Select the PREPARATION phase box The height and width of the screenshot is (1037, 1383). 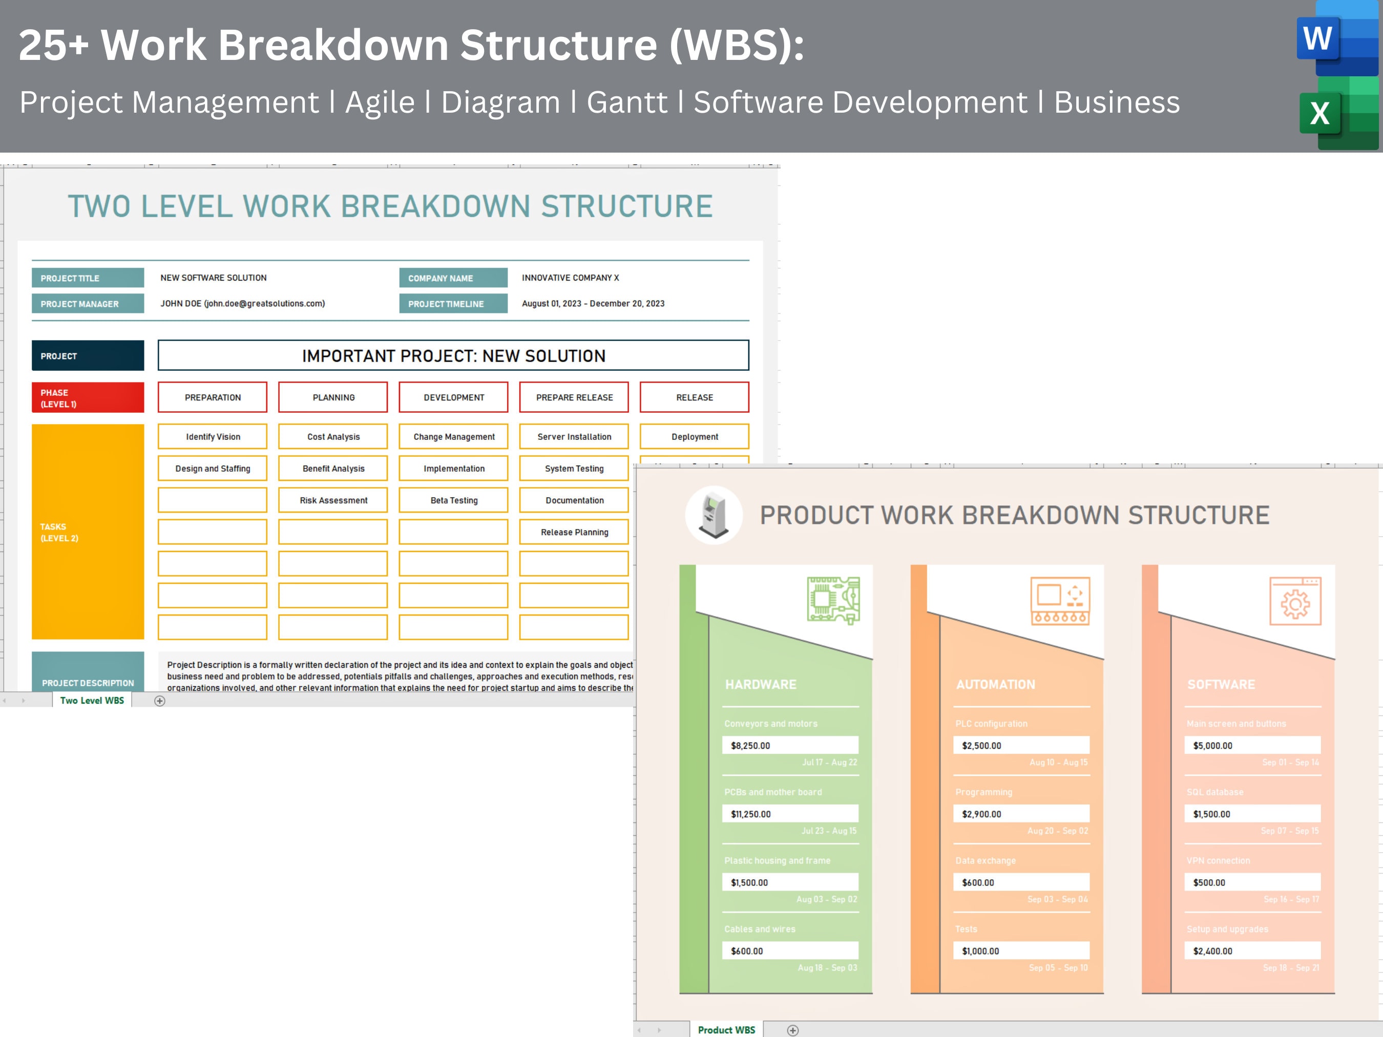click(x=213, y=397)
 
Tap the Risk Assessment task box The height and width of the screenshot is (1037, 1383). click(x=333, y=500)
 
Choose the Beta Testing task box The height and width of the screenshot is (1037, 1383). click(x=454, y=500)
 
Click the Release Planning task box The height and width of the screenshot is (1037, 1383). click(x=574, y=532)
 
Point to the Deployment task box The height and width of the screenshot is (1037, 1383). click(x=695, y=436)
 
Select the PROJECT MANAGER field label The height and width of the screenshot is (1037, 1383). click(x=88, y=304)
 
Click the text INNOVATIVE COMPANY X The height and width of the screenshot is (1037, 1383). click(x=570, y=278)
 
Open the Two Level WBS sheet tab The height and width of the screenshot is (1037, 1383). click(x=92, y=701)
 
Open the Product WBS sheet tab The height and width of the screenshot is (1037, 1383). click(x=726, y=1029)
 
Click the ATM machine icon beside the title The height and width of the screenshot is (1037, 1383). click(x=714, y=515)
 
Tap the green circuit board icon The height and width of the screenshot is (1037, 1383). click(x=833, y=600)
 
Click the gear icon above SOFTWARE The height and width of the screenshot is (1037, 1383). click(x=1295, y=601)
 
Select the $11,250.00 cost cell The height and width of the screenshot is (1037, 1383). click(x=790, y=814)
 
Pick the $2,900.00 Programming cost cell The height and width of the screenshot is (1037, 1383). click(x=1021, y=814)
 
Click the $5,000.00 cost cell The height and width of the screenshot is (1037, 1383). click(x=1252, y=746)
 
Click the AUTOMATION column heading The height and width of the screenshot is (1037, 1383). click(x=995, y=685)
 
